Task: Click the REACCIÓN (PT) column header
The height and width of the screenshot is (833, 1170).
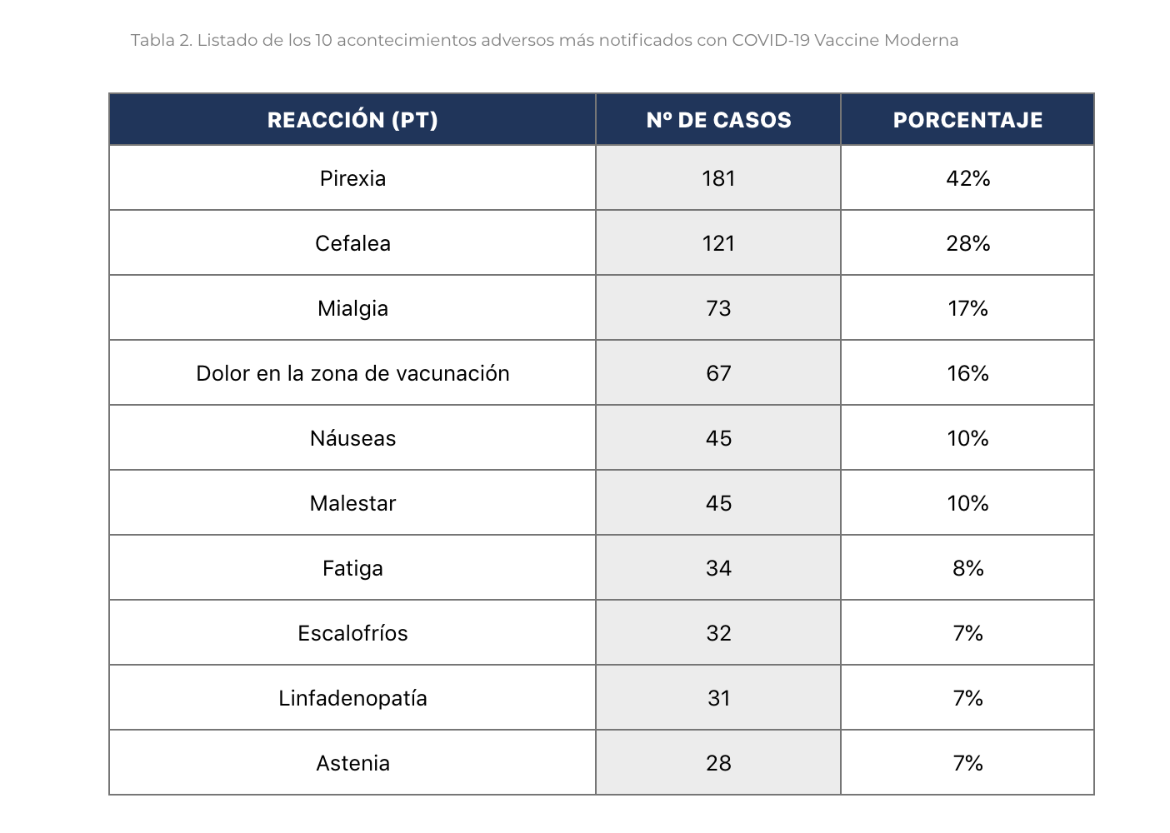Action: (x=352, y=120)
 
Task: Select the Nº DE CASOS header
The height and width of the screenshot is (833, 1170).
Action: (x=718, y=120)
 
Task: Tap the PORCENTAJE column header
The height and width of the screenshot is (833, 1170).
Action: (x=967, y=120)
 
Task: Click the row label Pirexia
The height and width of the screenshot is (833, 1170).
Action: (x=352, y=178)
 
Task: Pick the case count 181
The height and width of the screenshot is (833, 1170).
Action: (x=718, y=178)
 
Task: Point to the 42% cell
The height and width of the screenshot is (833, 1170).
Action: (x=967, y=178)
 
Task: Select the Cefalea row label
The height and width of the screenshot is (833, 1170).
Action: (x=352, y=243)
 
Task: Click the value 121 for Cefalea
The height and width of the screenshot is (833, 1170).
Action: (x=718, y=243)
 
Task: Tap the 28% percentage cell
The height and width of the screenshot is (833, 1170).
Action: (x=967, y=243)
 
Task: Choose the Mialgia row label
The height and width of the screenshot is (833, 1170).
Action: (x=352, y=308)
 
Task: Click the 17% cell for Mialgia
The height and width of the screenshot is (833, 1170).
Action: (x=967, y=308)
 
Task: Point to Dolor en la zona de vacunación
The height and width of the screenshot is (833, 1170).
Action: (x=352, y=373)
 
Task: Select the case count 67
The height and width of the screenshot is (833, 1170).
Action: (x=718, y=373)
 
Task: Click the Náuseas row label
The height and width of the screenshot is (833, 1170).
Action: (x=352, y=438)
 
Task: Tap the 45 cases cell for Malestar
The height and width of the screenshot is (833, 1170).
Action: (x=718, y=503)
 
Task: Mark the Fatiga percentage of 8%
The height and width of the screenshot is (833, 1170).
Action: (x=967, y=568)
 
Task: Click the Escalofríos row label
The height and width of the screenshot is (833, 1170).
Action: (x=352, y=633)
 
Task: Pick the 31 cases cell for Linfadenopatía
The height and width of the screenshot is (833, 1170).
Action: (x=718, y=698)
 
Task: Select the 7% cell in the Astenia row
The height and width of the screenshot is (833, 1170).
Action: (x=967, y=763)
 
